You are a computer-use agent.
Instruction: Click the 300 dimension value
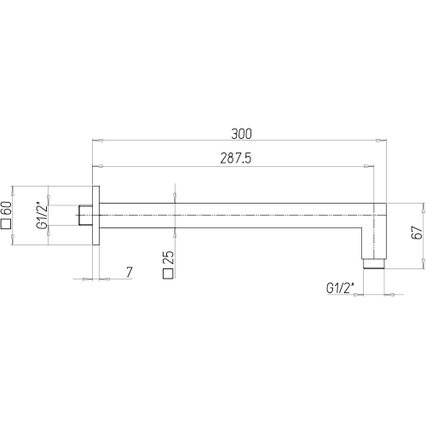(x=241, y=134)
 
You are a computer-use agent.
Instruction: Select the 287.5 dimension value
(x=236, y=158)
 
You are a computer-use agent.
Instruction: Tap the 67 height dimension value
(x=417, y=233)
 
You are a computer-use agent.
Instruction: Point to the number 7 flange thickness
(x=130, y=273)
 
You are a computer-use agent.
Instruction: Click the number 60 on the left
(x=6, y=208)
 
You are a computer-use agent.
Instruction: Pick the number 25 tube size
(x=169, y=257)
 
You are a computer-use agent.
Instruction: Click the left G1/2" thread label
(x=42, y=216)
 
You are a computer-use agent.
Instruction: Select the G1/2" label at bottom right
(x=341, y=288)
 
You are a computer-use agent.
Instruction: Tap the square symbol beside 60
(x=6, y=224)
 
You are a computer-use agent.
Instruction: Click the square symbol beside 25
(x=168, y=273)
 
